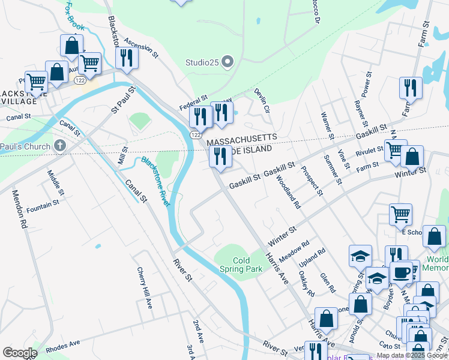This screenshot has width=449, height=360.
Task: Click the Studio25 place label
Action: click(202, 62)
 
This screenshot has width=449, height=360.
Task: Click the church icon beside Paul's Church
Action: click(59, 145)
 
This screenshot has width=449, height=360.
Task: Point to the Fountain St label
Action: click(43, 204)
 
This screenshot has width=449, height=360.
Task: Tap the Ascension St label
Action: click(140, 49)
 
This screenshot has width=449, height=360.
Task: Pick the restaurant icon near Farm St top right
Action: click(411, 88)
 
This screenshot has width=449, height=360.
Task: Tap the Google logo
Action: click(20, 353)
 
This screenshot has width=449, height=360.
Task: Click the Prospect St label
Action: click(312, 181)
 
